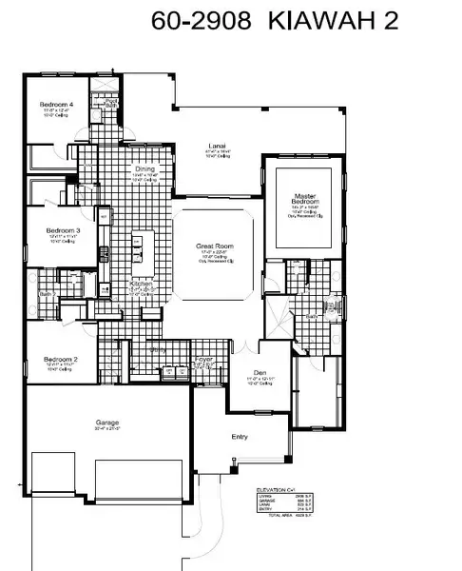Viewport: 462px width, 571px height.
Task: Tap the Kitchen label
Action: pyautogui.click(x=141, y=284)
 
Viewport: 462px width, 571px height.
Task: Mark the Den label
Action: pyautogui.click(x=259, y=373)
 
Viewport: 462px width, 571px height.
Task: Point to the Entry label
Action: pyautogui.click(x=241, y=436)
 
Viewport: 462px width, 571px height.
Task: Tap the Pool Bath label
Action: pyautogui.click(x=111, y=102)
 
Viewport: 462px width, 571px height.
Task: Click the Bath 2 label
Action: pyautogui.click(x=45, y=295)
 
